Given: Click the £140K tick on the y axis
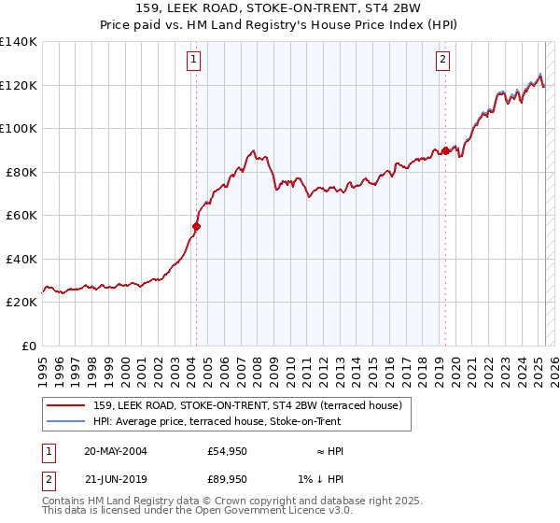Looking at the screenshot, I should pyautogui.click(x=19, y=42).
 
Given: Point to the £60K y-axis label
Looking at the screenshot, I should pyautogui.click(x=22, y=215).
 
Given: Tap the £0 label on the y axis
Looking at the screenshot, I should pyautogui.click(x=30, y=346).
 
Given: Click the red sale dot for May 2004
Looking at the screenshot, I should pyautogui.click(x=197, y=226).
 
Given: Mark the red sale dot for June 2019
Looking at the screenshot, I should pyautogui.click(x=445, y=150).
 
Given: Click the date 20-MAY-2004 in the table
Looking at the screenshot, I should pyautogui.click(x=116, y=451).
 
